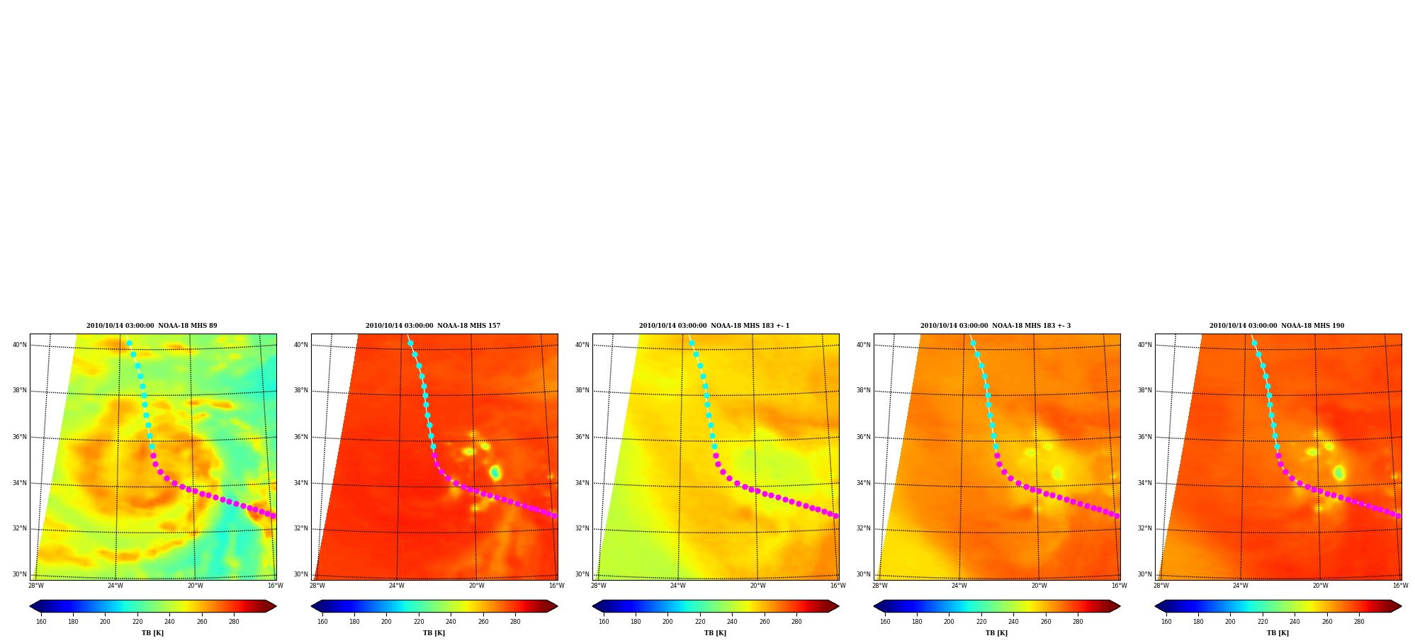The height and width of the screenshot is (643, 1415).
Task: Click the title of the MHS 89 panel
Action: (152, 326)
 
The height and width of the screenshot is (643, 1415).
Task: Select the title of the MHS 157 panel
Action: (433, 326)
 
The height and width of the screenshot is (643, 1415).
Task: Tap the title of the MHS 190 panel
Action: (1277, 326)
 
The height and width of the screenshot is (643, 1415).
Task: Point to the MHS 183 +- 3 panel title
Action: (996, 326)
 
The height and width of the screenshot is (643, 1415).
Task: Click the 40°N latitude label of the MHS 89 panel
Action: (20, 345)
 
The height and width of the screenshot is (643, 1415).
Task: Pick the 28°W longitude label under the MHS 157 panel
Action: (317, 586)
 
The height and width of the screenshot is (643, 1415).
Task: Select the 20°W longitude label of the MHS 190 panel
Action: (1321, 586)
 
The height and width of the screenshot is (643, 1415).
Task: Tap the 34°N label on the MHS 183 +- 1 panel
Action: (582, 483)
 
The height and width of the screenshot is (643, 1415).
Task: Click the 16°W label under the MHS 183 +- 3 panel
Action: (1119, 586)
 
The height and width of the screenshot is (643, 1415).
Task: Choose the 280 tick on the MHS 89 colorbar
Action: (234, 622)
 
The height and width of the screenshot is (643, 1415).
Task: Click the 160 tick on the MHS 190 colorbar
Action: (1166, 622)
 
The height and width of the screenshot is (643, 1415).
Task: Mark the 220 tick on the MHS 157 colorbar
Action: (419, 622)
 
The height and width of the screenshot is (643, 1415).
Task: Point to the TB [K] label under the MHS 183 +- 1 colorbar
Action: (715, 633)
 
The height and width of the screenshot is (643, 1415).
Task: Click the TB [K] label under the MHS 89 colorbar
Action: (152, 633)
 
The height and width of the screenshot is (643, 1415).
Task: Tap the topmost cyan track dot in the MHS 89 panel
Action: (129, 343)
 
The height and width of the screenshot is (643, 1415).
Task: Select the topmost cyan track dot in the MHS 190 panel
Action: (1254, 343)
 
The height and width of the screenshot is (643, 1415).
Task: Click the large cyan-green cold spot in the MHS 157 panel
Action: (495, 472)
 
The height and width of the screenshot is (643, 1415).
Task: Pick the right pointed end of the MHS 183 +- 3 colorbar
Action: (1120, 606)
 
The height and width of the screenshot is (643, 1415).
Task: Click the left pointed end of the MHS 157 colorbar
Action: (312, 606)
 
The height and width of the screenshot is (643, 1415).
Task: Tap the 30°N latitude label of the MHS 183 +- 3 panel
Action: (864, 574)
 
